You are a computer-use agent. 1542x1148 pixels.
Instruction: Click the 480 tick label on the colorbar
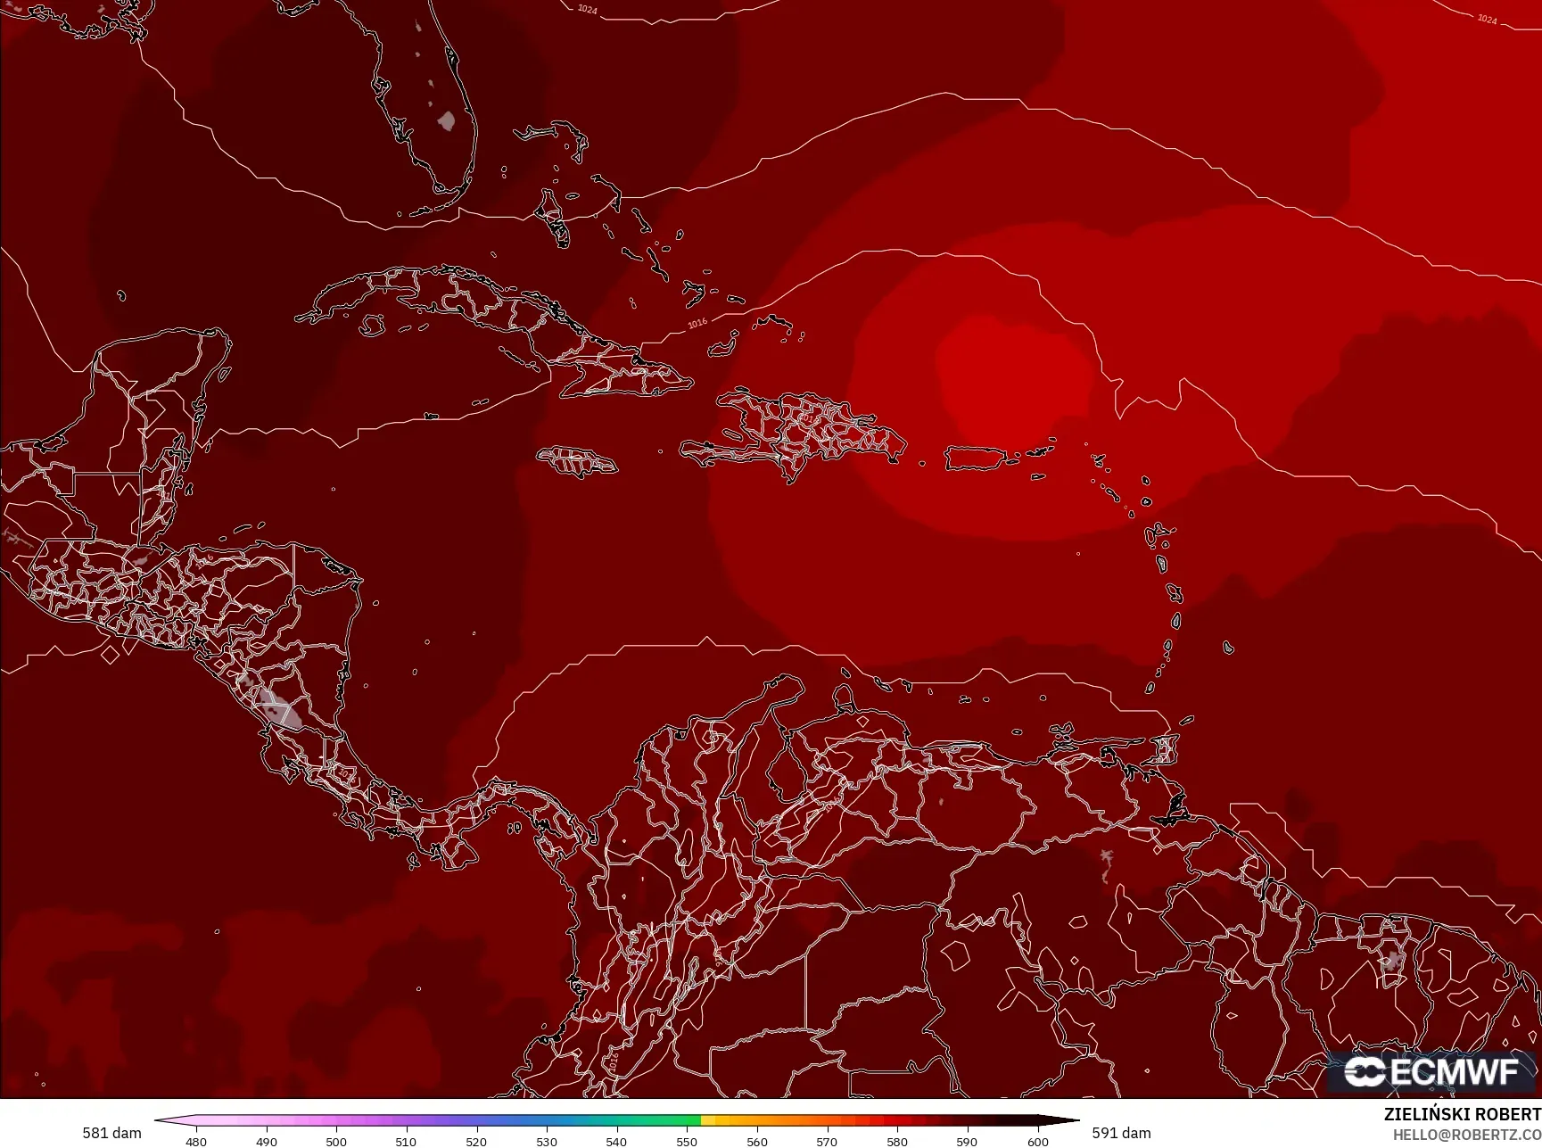196,1141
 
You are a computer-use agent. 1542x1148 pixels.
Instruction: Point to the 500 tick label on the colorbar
336,1141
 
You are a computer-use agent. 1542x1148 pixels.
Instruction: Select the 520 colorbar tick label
476,1141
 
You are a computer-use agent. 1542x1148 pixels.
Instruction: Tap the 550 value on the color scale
687,1141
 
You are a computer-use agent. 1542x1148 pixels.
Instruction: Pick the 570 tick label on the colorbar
827,1141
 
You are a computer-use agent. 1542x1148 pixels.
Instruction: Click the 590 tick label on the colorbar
967,1141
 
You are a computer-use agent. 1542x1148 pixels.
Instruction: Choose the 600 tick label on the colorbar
1037,1141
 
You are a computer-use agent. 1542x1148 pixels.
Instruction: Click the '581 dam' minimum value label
111,1133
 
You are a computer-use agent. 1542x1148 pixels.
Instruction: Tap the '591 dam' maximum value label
1121,1133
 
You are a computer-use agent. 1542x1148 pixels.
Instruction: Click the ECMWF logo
1431,1071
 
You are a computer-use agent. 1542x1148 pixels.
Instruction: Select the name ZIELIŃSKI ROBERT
1462,1114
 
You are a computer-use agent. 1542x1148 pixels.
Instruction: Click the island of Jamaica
576,461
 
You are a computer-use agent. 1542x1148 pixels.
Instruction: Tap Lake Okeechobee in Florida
447,120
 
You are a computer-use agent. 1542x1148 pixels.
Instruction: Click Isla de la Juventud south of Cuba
374,326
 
